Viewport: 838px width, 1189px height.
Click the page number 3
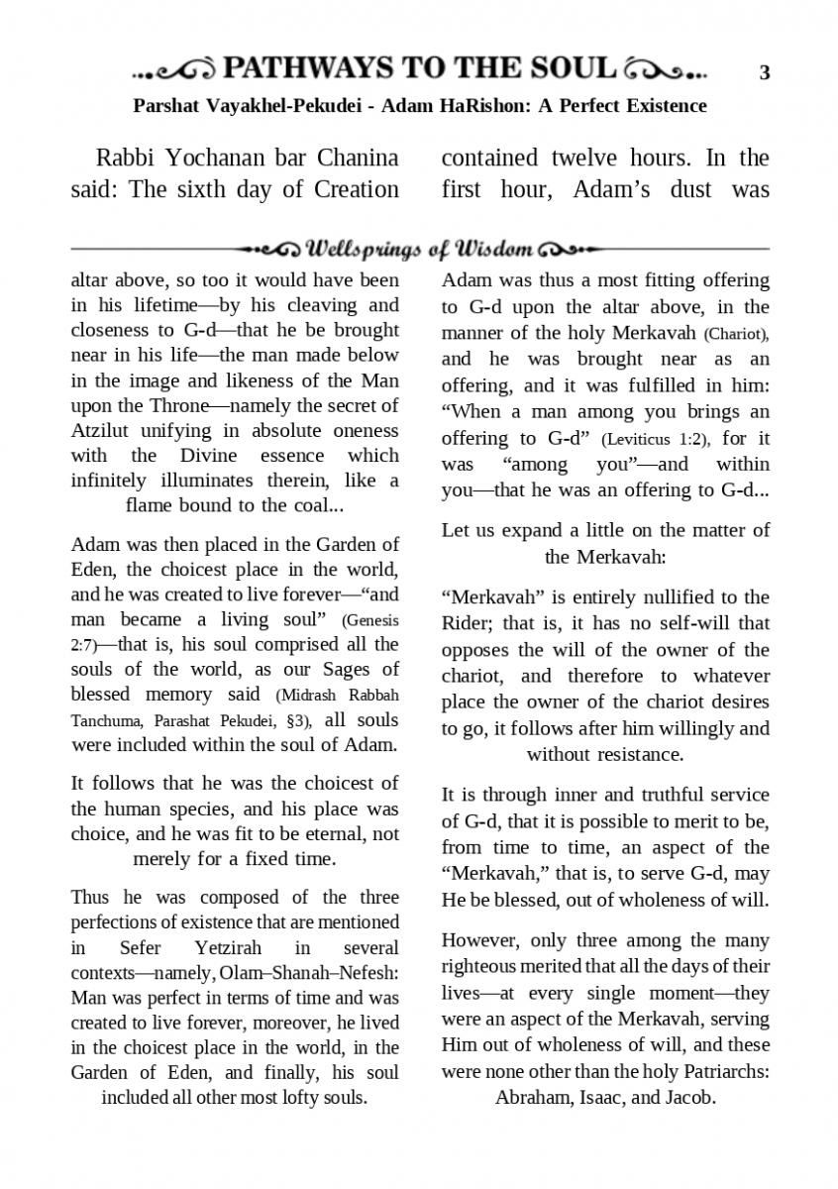[765, 71]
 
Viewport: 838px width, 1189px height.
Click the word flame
[151, 505]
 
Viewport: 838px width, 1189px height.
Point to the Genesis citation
[370, 621]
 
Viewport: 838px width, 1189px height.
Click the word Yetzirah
[213, 947]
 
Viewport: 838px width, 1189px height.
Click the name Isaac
[603, 1097]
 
